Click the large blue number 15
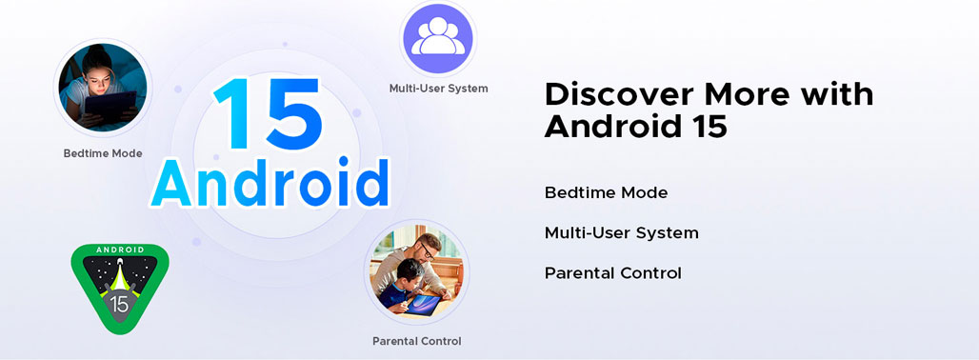(268, 113)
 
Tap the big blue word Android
(270, 184)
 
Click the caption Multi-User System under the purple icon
(438, 88)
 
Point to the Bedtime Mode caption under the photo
(103, 153)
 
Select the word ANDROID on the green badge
(120, 250)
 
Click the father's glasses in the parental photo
(427, 250)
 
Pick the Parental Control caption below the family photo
(416, 341)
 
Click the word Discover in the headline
(619, 95)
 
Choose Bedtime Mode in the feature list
(606, 192)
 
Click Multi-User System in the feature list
(621, 233)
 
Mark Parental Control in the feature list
(613, 273)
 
